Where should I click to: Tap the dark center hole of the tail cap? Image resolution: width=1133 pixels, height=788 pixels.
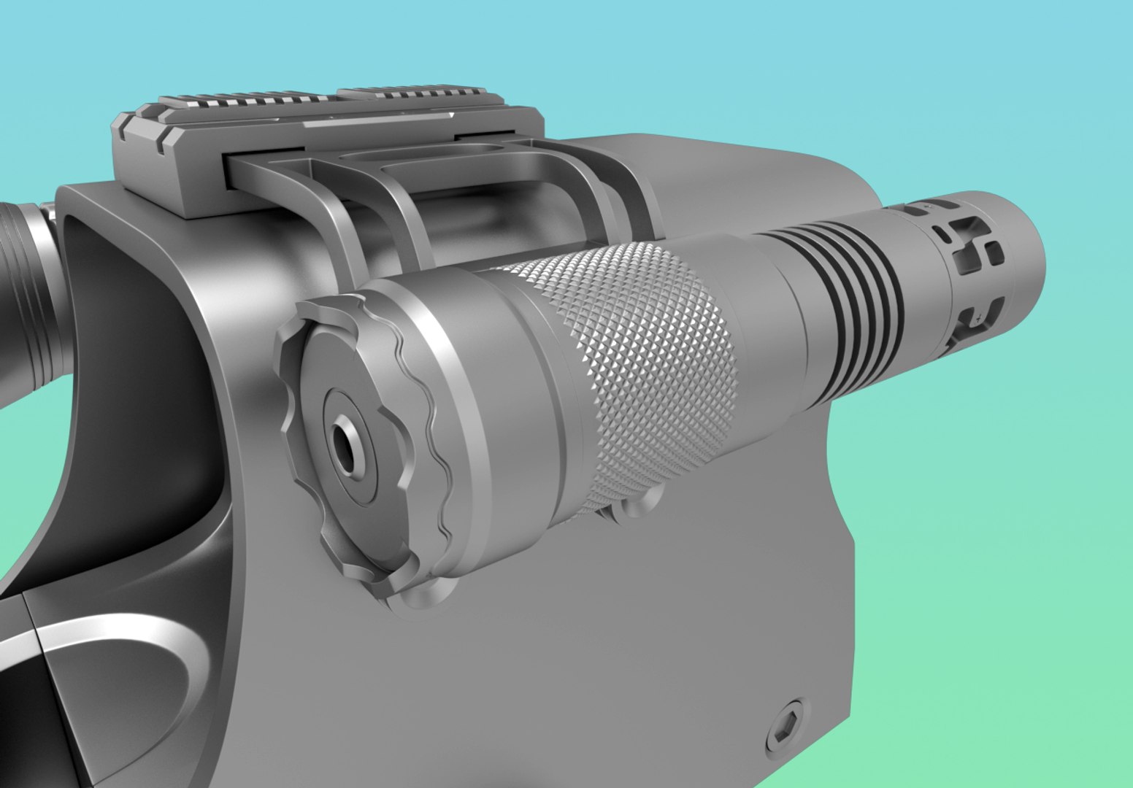[x=345, y=444]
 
